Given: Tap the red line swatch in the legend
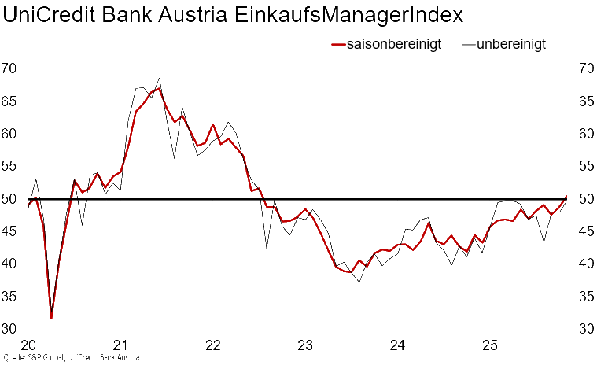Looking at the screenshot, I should click(338, 45).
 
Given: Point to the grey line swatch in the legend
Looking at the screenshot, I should click(470, 45).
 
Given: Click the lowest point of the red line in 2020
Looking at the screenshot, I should click(51, 318).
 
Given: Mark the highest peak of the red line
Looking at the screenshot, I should click(160, 88).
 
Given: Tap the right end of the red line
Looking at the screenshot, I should click(567, 195).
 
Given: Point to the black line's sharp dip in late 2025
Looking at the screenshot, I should click(544, 240).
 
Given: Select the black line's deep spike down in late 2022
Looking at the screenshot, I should click(266, 248).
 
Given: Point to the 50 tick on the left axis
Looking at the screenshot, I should click(9, 199).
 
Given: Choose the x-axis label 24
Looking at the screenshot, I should click(398, 344).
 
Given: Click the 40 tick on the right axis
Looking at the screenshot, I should click(586, 264).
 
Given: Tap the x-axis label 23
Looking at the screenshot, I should click(305, 344).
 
